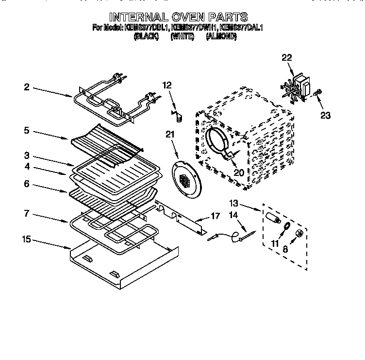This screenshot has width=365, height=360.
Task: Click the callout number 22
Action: tap(287, 58)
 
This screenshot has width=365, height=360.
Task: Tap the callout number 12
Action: tap(167, 85)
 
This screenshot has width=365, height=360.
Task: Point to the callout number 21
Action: tap(169, 135)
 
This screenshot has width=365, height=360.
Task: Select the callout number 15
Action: tap(26, 239)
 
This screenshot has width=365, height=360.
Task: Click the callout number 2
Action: tap(26, 87)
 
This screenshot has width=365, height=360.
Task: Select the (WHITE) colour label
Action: tap(182, 36)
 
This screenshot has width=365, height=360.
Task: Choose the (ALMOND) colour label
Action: tap(221, 36)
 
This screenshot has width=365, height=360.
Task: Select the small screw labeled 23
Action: tap(318, 93)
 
